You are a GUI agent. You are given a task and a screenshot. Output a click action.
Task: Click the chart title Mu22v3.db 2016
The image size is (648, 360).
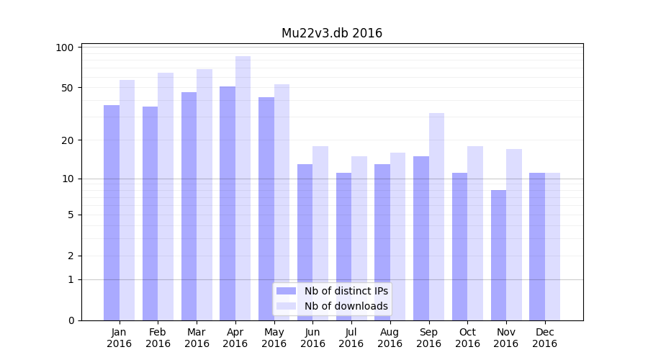pyautogui.click(x=331, y=33)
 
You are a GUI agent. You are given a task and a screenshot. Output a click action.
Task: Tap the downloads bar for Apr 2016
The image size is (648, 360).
pyautogui.click(x=243, y=188)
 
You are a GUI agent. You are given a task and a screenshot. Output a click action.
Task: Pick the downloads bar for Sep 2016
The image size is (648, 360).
pyautogui.click(x=436, y=216)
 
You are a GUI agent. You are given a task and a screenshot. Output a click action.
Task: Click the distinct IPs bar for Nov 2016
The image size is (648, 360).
pyautogui.click(x=498, y=255)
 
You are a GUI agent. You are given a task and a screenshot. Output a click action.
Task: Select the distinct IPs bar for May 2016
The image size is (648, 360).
pyautogui.click(x=266, y=209)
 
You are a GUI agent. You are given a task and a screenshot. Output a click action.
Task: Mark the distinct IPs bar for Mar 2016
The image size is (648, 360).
pyautogui.click(x=189, y=206)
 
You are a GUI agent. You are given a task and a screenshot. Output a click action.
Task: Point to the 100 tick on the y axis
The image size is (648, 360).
pyautogui.click(x=66, y=48)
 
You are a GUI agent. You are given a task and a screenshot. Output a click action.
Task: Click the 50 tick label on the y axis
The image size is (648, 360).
pyautogui.click(x=68, y=88)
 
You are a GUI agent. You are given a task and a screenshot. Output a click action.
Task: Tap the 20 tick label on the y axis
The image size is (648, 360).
pyautogui.click(x=68, y=140)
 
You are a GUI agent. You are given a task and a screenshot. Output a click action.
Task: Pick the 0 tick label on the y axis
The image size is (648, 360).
pyautogui.click(x=71, y=320)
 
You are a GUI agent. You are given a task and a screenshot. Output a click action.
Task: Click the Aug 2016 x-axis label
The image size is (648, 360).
pyautogui.click(x=390, y=338)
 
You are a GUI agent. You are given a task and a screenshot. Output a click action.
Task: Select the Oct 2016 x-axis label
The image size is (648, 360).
pyautogui.click(x=467, y=338)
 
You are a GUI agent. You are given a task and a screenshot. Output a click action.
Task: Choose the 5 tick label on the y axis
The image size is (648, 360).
pyautogui.click(x=71, y=215)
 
